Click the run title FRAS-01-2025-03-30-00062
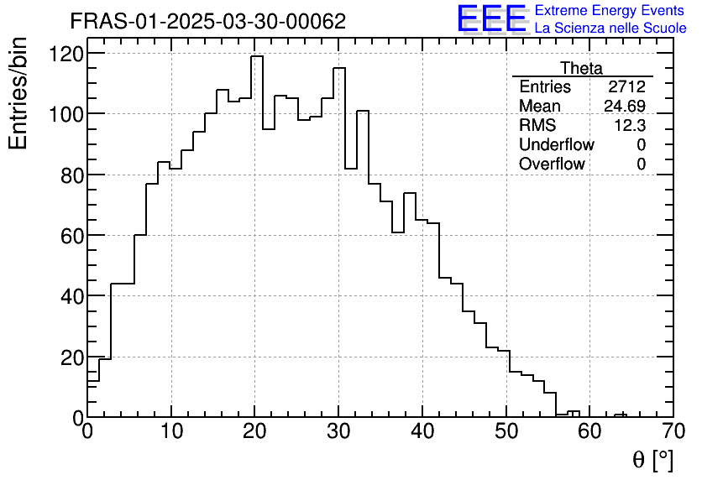click(x=207, y=22)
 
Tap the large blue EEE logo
click(x=491, y=18)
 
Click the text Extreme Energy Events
click(x=610, y=11)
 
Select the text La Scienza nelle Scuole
click(x=610, y=29)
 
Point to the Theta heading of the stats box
click(x=581, y=68)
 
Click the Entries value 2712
click(x=627, y=87)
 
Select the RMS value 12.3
click(x=629, y=126)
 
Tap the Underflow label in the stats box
click(x=557, y=145)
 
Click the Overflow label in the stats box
click(x=552, y=164)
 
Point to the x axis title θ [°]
click(x=652, y=459)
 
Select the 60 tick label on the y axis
click(x=71, y=236)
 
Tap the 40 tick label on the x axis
click(x=422, y=434)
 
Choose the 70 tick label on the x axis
click(x=673, y=434)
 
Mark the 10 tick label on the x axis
click(x=171, y=434)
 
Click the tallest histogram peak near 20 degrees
click(x=257, y=57)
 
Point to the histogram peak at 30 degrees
click(x=339, y=69)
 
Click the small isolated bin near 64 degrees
click(x=621, y=415)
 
